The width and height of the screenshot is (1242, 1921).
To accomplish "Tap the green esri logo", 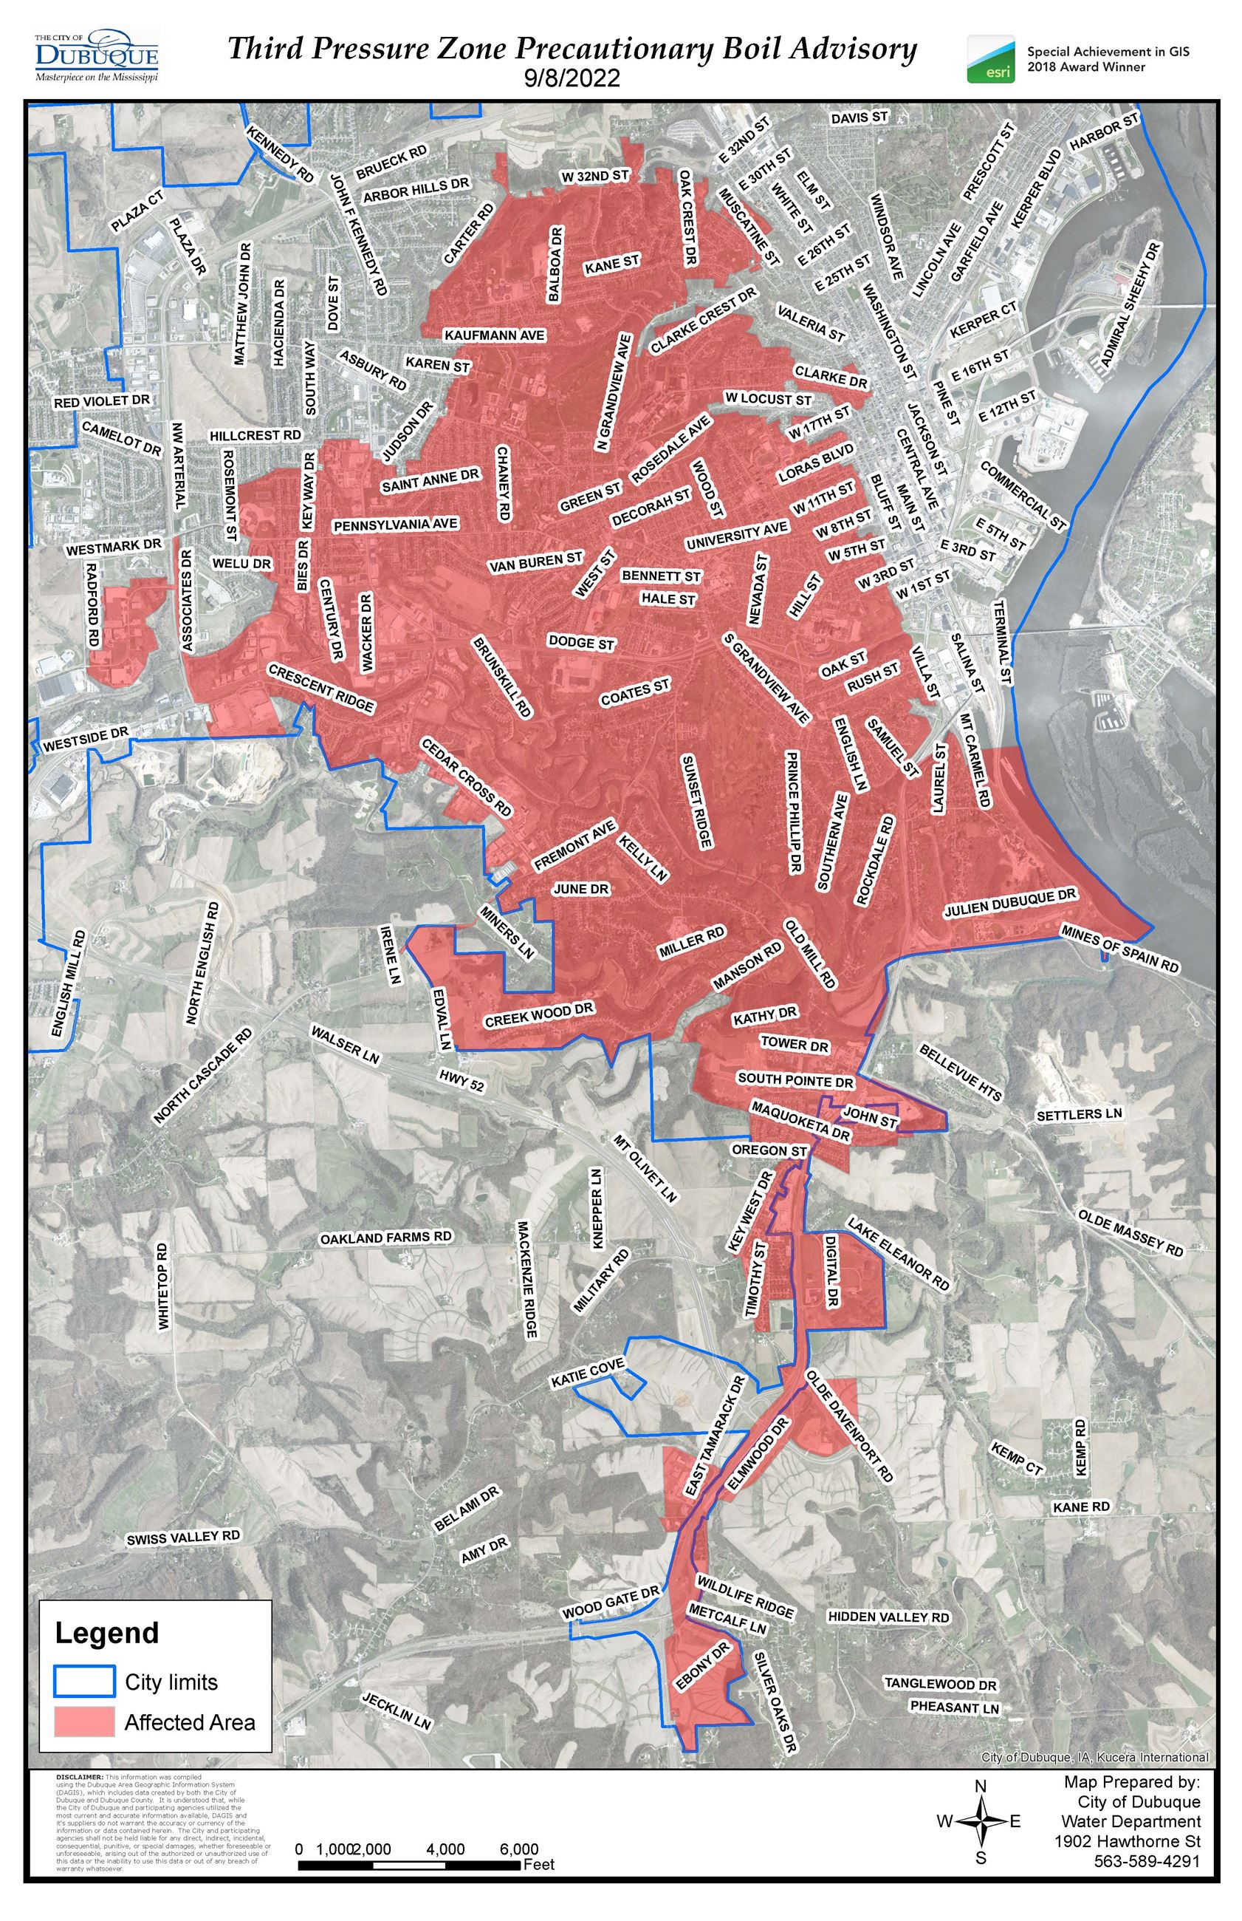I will (990, 59).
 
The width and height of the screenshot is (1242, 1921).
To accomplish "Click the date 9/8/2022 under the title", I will (572, 78).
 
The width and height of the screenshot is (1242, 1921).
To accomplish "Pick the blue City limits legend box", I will (85, 1682).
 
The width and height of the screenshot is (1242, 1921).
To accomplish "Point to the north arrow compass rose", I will (980, 1821).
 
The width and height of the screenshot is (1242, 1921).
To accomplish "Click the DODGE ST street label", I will (580, 643).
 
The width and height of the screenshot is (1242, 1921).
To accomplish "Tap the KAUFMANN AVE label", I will (495, 335).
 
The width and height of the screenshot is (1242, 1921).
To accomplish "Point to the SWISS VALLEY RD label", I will (183, 1537).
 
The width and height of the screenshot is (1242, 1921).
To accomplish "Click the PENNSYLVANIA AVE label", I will (395, 525).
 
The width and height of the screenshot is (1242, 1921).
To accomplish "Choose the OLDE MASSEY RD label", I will (1129, 1233).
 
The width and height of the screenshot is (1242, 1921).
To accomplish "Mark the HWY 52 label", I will (462, 1080).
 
